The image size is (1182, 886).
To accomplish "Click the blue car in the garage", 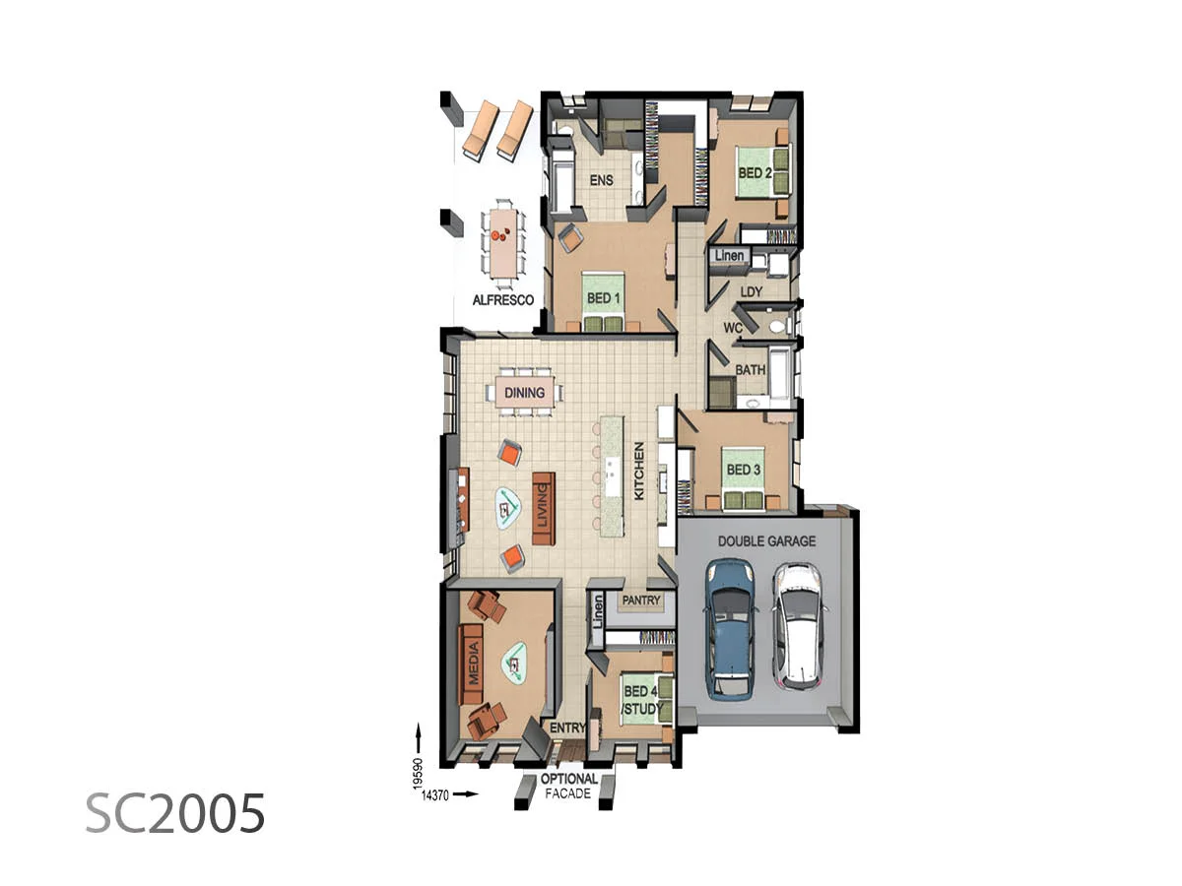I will pyautogui.click(x=730, y=628).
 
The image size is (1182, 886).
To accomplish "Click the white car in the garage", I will pyautogui.click(x=797, y=626).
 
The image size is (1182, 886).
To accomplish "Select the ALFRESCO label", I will pyautogui.click(x=502, y=299).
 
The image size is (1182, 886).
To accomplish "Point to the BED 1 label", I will pyautogui.click(x=604, y=297).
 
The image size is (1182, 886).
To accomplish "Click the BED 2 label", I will pyautogui.click(x=755, y=173).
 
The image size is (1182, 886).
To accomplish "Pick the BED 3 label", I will pyautogui.click(x=744, y=470).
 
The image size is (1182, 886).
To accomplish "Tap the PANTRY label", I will pyautogui.click(x=641, y=601).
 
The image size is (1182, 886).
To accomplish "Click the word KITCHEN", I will pyautogui.click(x=638, y=471).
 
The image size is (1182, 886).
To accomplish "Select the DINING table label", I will pyautogui.click(x=524, y=393).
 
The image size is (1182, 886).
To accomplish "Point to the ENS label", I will pyautogui.click(x=602, y=181).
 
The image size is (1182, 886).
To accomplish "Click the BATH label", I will pyautogui.click(x=751, y=370).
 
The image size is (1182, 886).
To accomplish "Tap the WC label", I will pyautogui.click(x=733, y=327).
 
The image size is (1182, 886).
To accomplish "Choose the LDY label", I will pyautogui.click(x=752, y=292).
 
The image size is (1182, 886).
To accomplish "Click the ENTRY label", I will pyautogui.click(x=568, y=728).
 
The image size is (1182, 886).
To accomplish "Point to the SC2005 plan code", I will pyautogui.click(x=175, y=814).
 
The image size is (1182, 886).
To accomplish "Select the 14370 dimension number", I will pyautogui.click(x=434, y=793).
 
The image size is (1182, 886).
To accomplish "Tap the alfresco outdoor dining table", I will pyautogui.click(x=503, y=240).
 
